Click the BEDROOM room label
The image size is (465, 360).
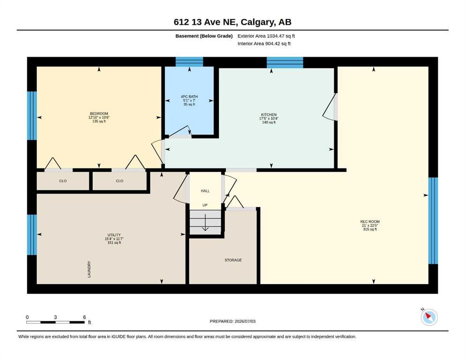click(x=99, y=113)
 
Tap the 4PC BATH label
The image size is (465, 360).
click(x=189, y=97)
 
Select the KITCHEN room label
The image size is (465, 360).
click(x=269, y=115)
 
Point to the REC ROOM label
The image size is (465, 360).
click(x=370, y=222)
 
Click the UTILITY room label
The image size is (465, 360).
click(x=114, y=235)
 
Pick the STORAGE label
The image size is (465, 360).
click(x=233, y=260)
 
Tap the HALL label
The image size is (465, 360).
click(x=205, y=191)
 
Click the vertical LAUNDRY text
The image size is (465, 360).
click(x=89, y=270)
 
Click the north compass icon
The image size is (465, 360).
click(x=429, y=317)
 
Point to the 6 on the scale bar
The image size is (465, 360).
click(x=84, y=317)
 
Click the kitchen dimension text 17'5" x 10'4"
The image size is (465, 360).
click(x=269, y=119)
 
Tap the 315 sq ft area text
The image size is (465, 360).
click(x=370, y=229)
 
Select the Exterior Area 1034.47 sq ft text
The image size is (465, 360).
click(x=266, y=36)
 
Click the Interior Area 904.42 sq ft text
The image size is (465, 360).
click(x=264, y=44)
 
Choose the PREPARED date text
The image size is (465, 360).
click(x=232, y=322)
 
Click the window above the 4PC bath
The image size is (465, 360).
click(x=190, y=62)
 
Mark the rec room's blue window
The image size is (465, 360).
click(x=433, y=221)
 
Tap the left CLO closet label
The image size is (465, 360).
click(x=63, y=181)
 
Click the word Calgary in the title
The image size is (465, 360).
click(x=257, y=22)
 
